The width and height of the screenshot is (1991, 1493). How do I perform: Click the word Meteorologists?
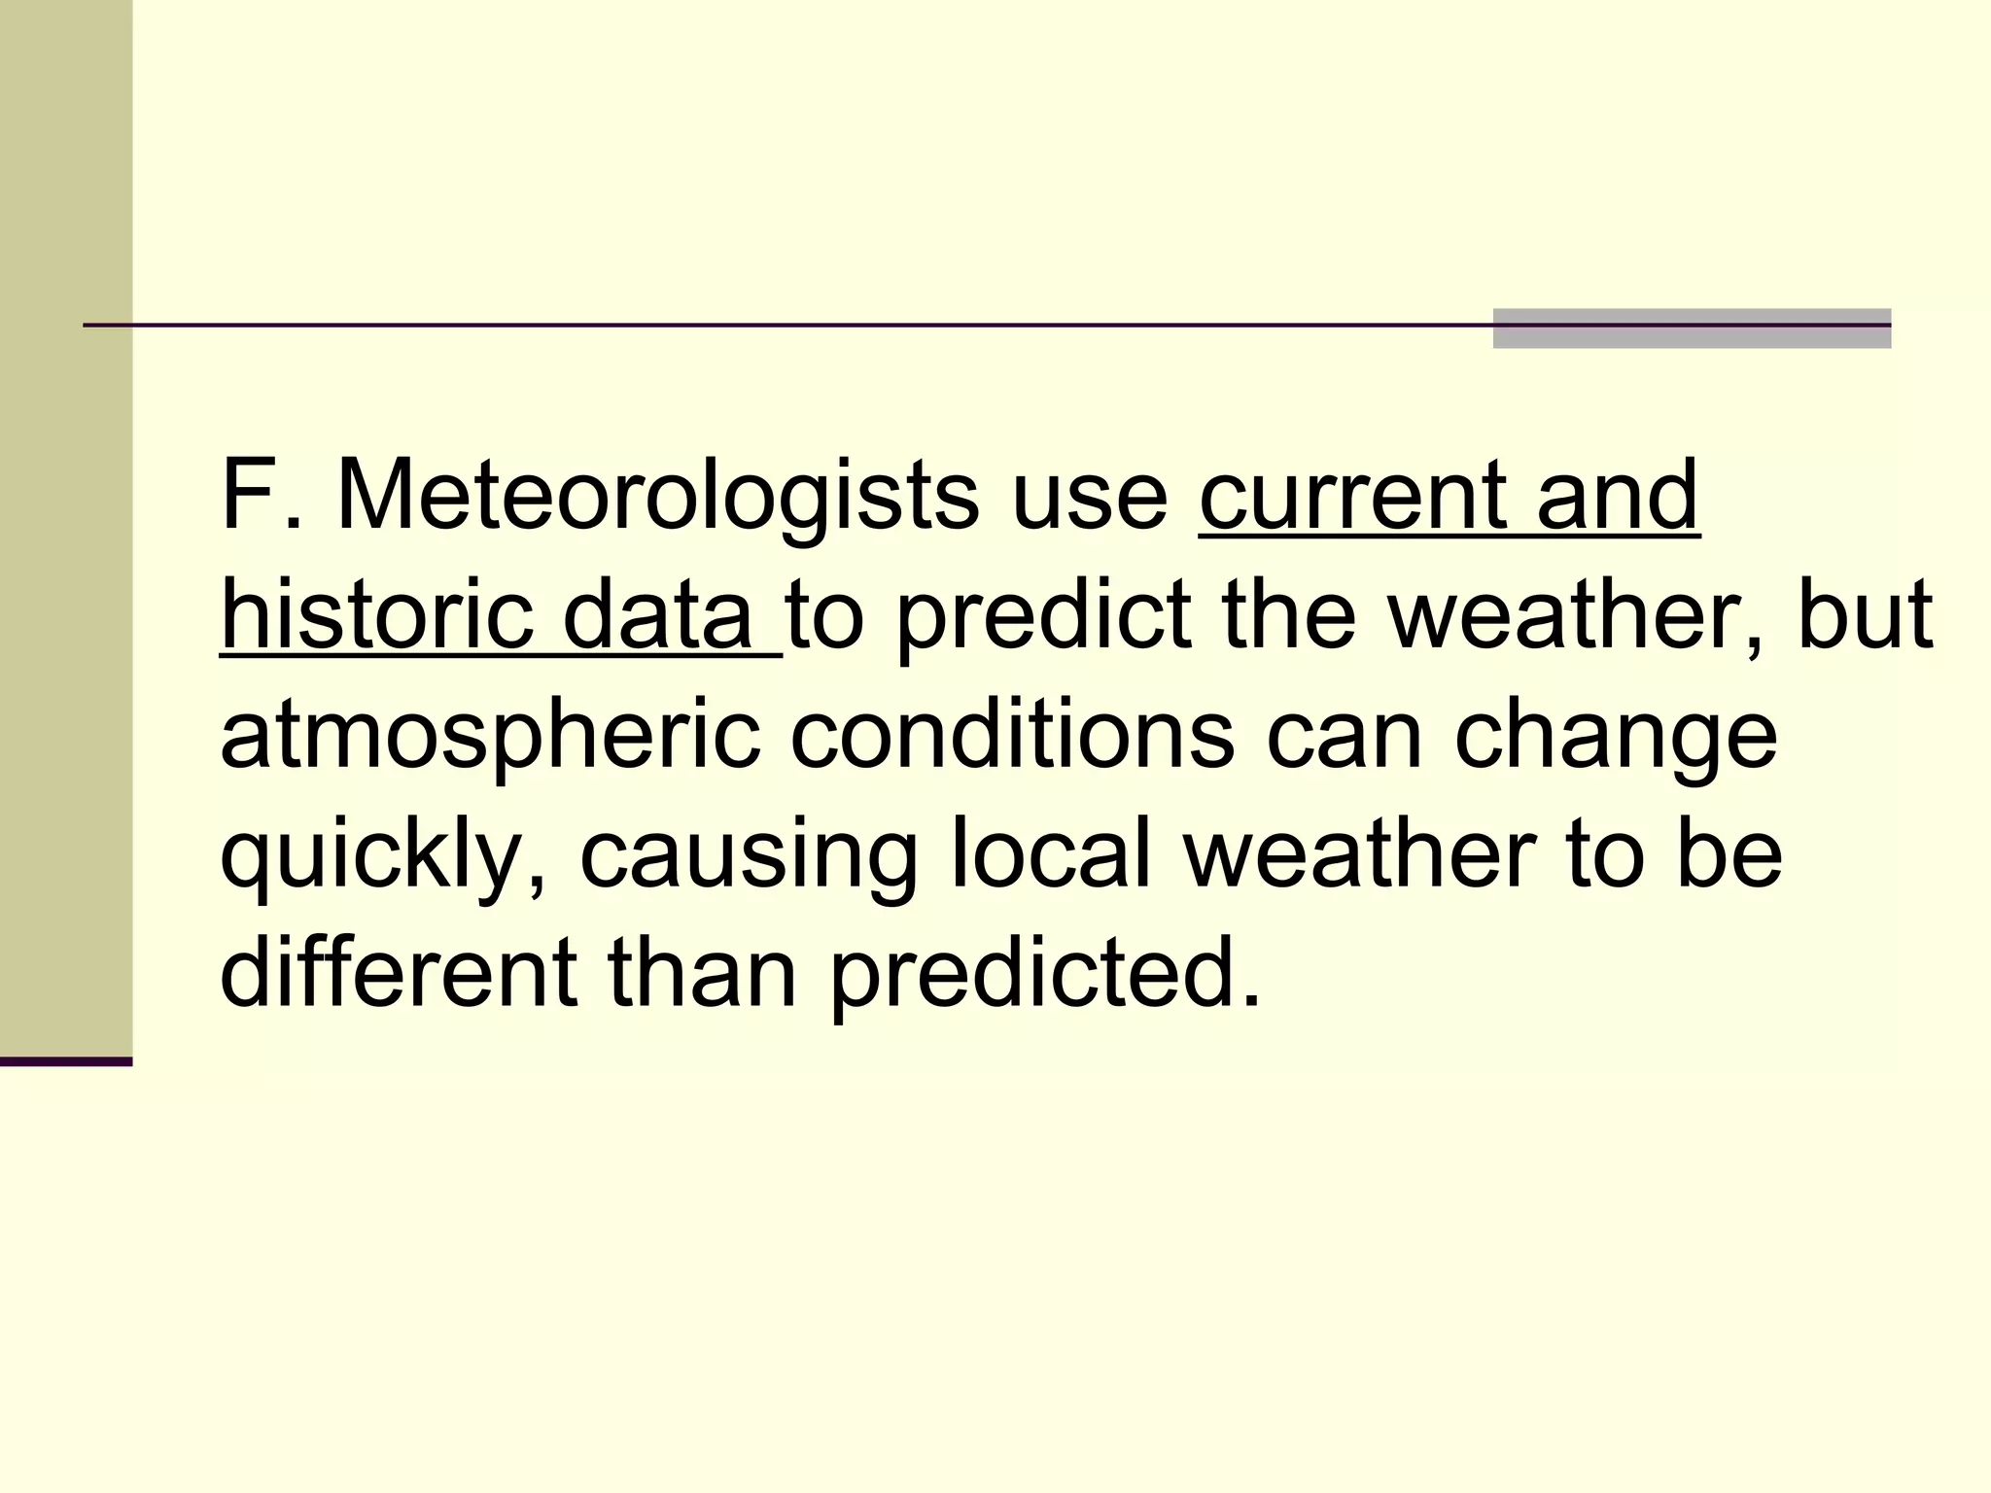(656, 498)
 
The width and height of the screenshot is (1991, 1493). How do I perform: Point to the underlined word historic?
(376, 616)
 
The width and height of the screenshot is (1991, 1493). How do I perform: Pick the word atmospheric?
(490, 737)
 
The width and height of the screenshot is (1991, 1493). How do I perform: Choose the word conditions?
(1012, 735)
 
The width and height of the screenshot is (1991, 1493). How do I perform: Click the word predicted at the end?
(1044, 974)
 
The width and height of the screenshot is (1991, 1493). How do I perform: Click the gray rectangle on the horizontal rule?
(1691, 329)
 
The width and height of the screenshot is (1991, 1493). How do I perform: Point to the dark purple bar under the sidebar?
(65, 1061)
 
